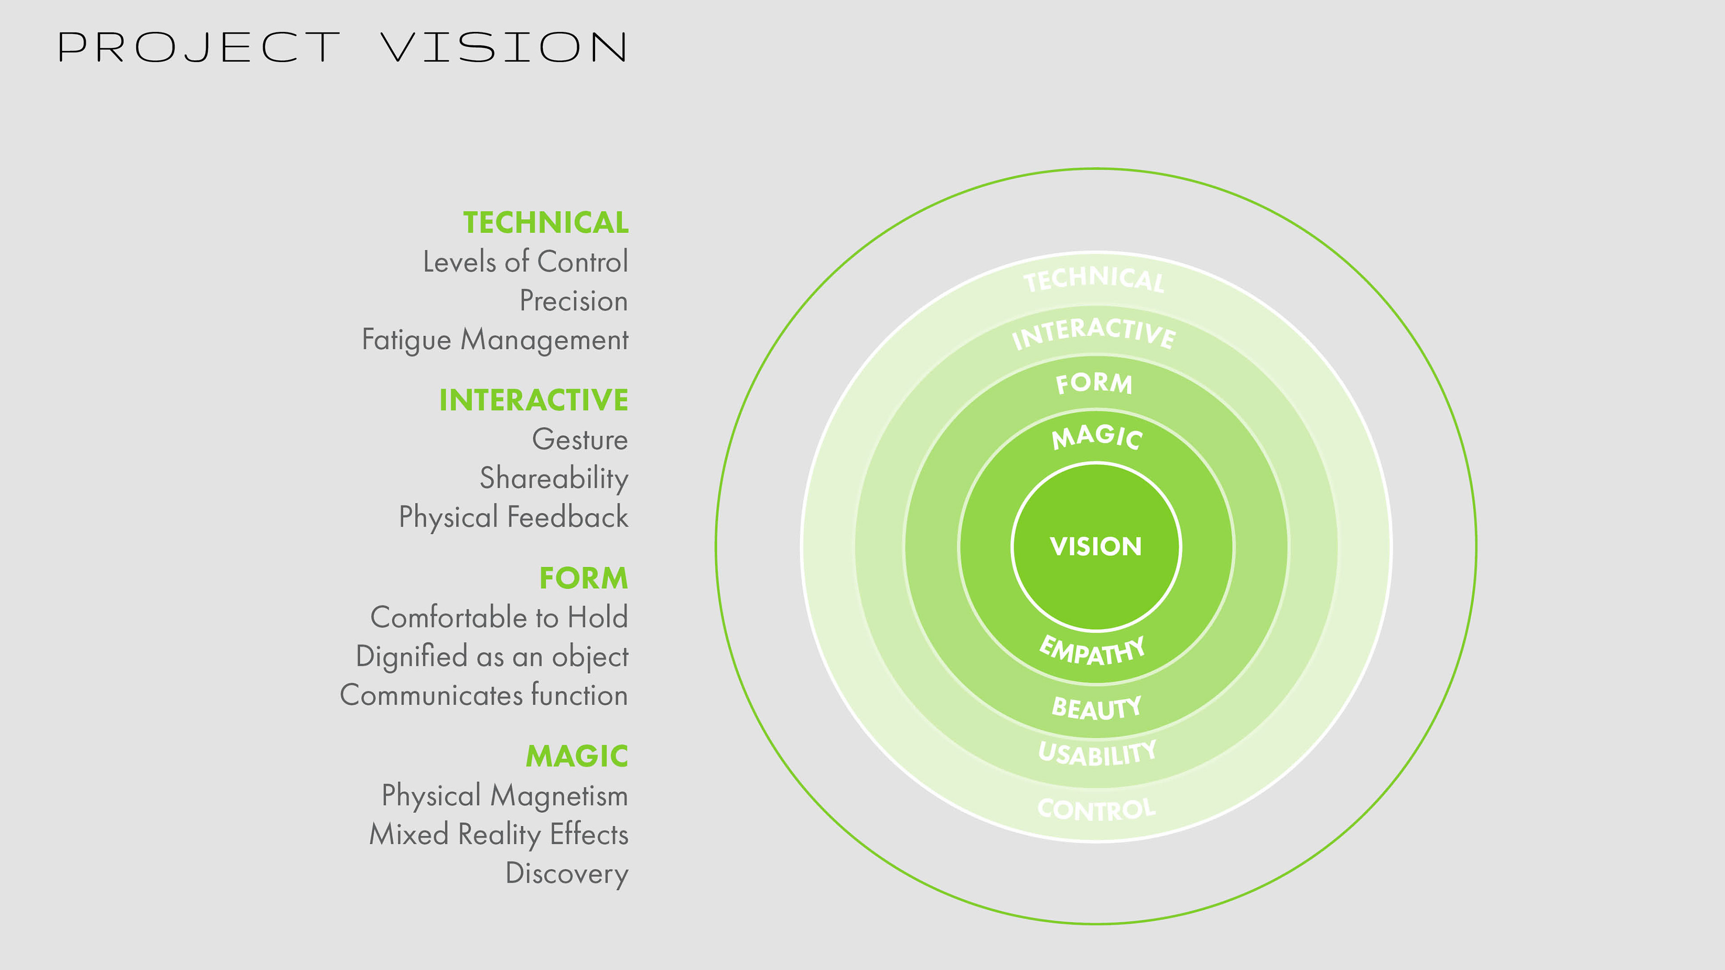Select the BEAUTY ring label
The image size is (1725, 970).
click(x=1096, y=708)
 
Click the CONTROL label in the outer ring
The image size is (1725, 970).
click(x=1096, y=809)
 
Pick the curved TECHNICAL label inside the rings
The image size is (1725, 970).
click(x=1094, y=278)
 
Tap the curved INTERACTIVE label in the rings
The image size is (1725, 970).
click(x=1093, y=333)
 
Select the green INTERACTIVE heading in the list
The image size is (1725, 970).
click(x=533, y=400)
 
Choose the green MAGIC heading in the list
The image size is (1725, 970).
click(x=576, y=756)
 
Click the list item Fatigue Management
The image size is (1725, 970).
click(x=495, y=340)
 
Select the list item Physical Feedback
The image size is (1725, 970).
click(x=513, y=517)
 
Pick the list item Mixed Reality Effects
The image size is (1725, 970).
click(x=499, y=835)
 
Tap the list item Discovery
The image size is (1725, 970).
click(x=566, y=873)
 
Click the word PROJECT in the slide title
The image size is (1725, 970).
click(x=199, y=48)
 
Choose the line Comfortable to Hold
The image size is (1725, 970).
click(x=499, y=617)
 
